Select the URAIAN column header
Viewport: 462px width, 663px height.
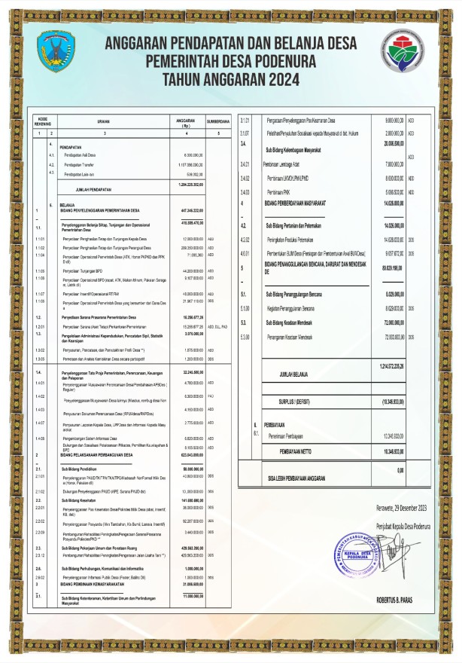[103, 121]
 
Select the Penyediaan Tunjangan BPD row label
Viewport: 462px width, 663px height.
[84, 270]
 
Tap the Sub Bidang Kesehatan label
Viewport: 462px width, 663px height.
[79, 501]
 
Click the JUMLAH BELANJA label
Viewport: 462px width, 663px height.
[295, 373]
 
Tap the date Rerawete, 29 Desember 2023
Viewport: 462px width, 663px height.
[403, 507]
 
